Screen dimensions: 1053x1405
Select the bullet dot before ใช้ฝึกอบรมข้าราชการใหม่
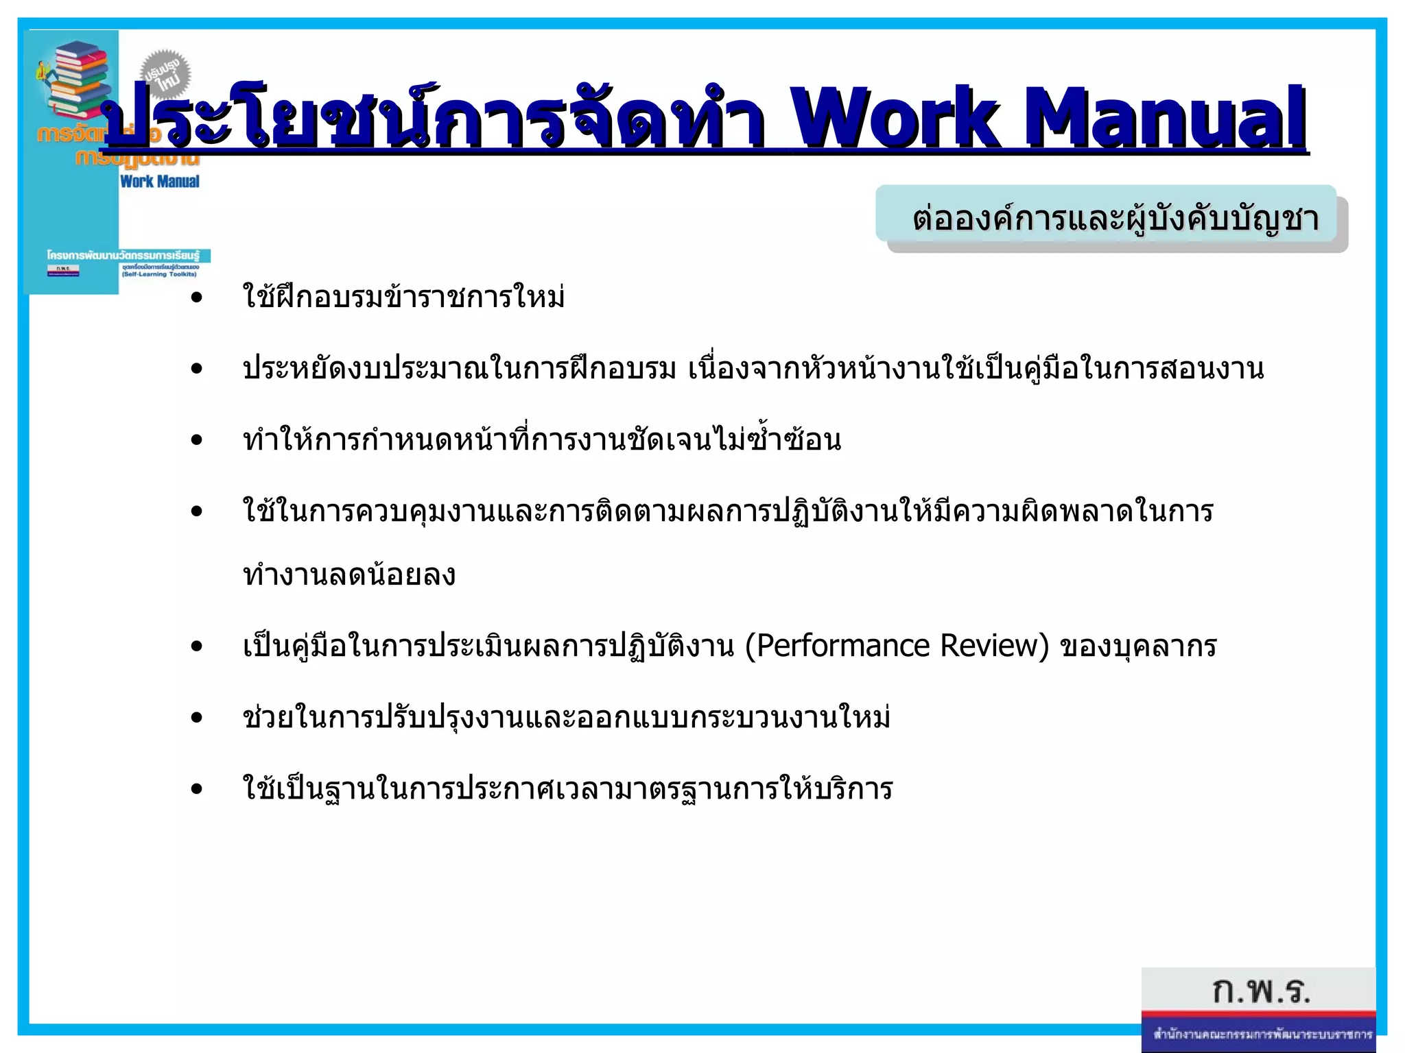[198, 298]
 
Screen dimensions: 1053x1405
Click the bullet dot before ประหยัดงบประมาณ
[198, 369]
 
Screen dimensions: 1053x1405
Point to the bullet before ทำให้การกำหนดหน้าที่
[198, 440]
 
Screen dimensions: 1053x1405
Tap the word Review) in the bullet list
[995, 646]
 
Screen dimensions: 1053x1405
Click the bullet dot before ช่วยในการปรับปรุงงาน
[198, 718]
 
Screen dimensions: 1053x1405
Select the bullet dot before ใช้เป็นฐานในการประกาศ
[198, 789]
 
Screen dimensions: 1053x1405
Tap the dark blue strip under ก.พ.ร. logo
[1260, 1034]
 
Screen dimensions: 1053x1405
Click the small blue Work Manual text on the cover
[159, 182]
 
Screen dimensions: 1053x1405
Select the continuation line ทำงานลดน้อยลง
[349, 574]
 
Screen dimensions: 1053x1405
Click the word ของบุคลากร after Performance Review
[1139, 646]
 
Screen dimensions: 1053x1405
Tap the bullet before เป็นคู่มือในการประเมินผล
[198, 646]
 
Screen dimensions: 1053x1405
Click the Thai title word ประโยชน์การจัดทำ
[432, 117]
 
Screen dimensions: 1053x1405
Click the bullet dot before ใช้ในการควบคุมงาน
[198, 511]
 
